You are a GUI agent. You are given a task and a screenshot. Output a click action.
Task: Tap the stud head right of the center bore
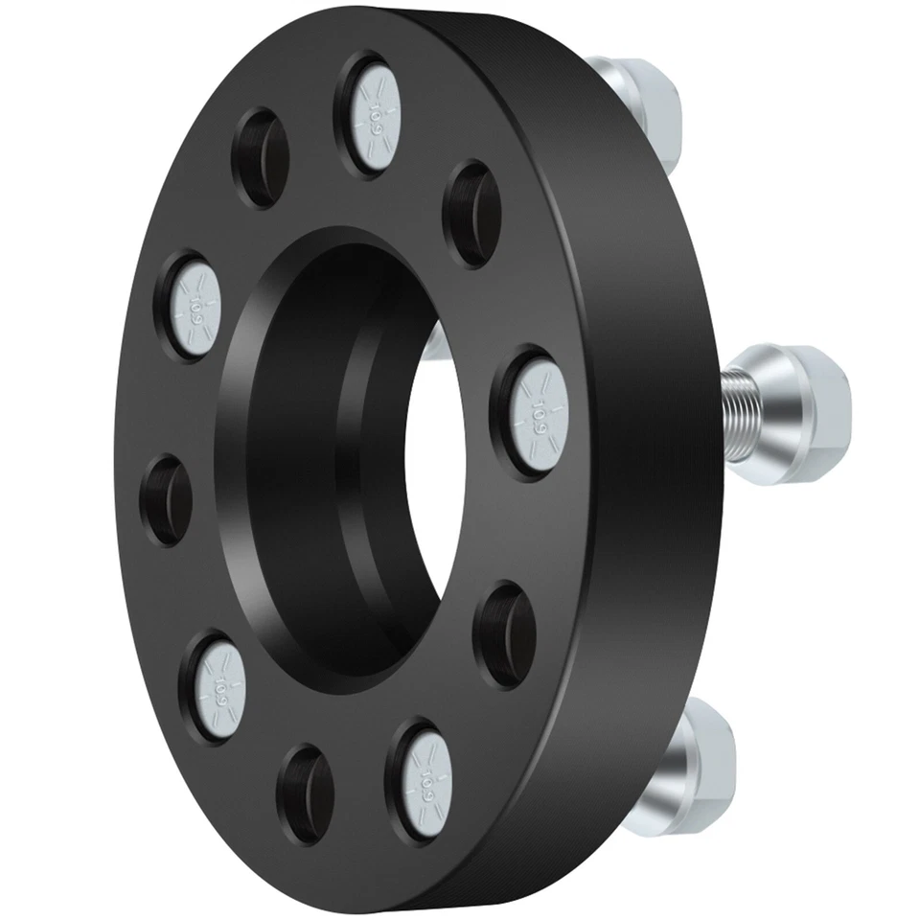532,410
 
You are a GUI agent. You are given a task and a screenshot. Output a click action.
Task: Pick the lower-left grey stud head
219,679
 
